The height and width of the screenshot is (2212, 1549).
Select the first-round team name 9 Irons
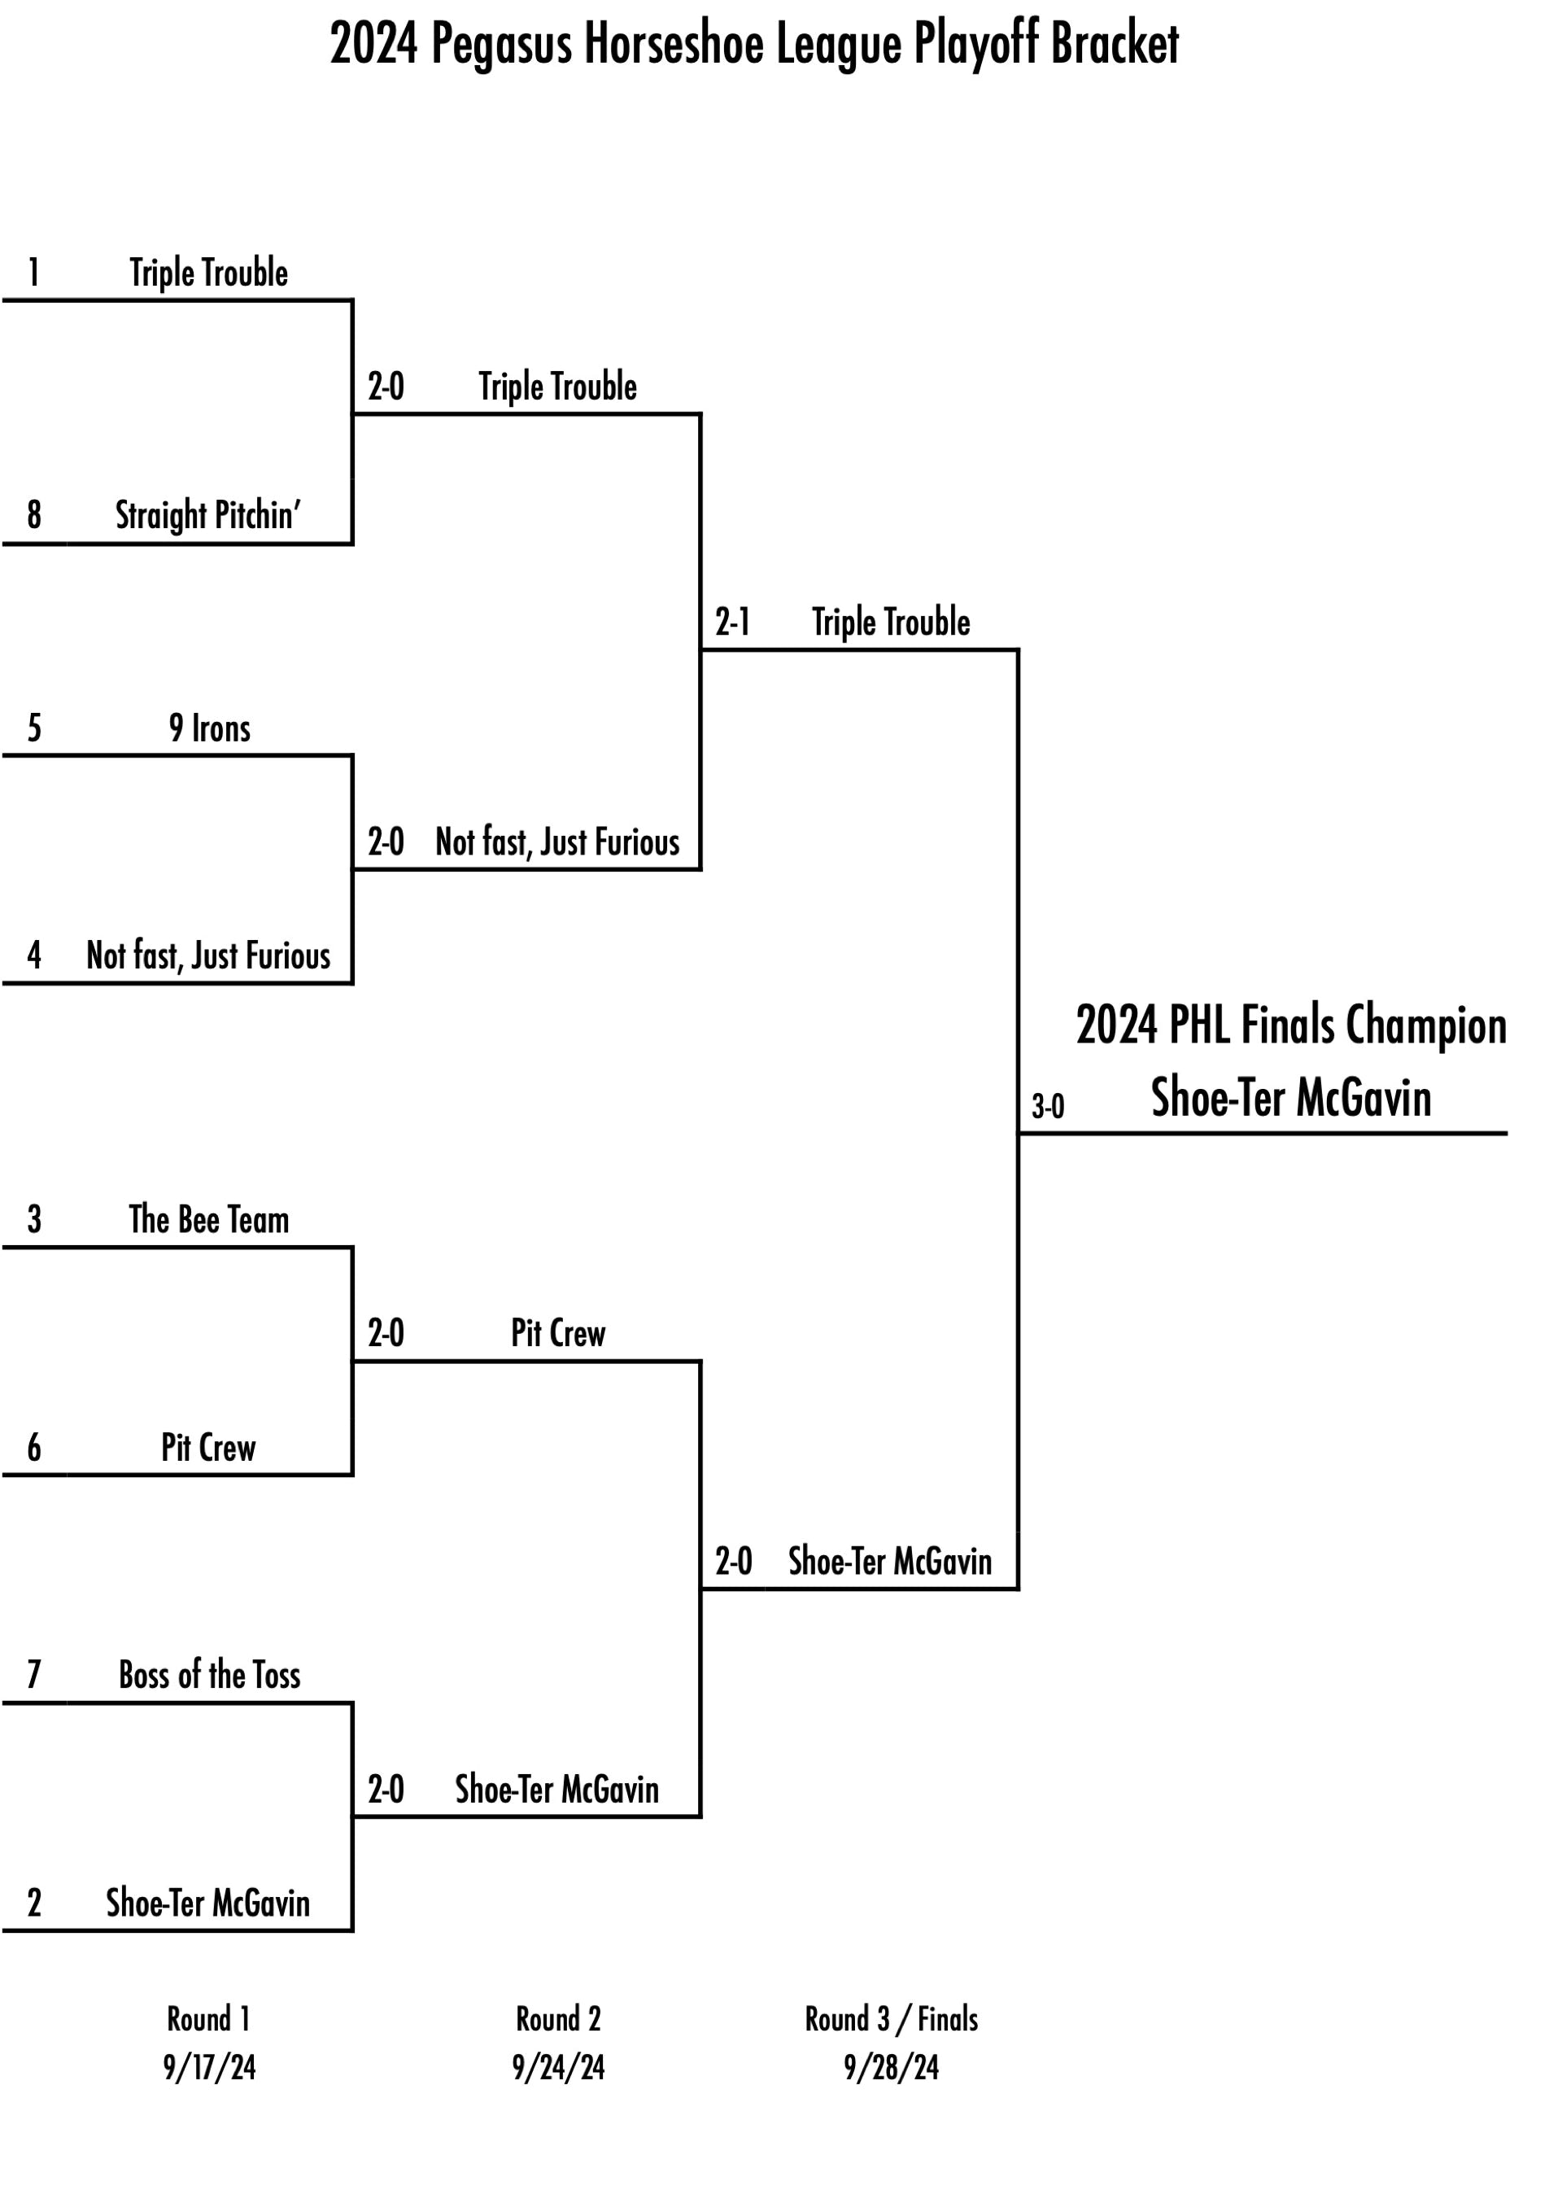(209, 728)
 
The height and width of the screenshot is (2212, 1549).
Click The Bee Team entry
(209, 1220)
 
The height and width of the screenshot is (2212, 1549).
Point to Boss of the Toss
(209, 1676)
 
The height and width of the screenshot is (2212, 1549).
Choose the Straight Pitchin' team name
(208, 515)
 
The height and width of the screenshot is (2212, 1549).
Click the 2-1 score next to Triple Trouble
(732, 623)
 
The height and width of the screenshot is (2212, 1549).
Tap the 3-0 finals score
(1047, 1106)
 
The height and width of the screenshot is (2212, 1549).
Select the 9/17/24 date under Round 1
(209, 2067)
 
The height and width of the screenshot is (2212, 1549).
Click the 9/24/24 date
(558, 2067)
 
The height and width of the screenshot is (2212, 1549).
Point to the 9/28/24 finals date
(891, 2067)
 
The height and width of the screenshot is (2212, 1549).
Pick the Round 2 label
(558, 2018)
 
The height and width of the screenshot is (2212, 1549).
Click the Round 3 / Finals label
(891, 2018)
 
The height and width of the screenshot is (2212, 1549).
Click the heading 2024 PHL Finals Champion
(1291, 1025)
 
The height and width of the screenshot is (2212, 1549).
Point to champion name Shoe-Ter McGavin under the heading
(1291, 1097)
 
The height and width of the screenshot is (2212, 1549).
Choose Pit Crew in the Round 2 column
(558, 1333)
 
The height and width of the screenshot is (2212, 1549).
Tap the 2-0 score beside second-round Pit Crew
(386, 1333)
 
